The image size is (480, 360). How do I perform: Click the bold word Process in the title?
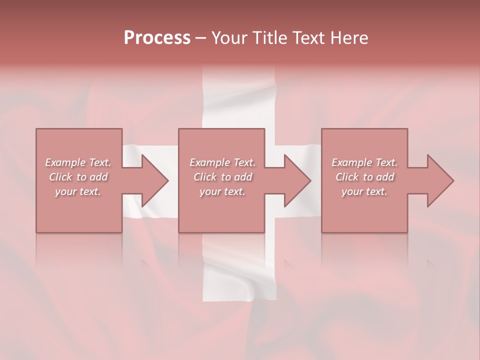click(x=157, y=38)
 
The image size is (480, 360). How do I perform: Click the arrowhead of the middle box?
click(x=296, y=180)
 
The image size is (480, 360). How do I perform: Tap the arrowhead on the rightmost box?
click(x=439, y=180)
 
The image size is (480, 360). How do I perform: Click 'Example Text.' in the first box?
click(x=78, y=162)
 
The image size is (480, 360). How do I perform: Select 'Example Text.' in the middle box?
click(x=222, y=162)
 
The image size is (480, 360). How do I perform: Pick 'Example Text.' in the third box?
click(x=364, y=162)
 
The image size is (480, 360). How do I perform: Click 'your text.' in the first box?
click(x=78, y=191)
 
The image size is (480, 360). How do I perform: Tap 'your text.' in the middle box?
click(x=222, y=191)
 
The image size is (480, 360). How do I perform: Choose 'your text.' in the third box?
click(x=364, y=191)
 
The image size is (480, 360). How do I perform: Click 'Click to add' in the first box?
click(x=78, y=177)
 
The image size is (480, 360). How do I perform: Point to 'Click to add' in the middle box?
click(x=222, y=177)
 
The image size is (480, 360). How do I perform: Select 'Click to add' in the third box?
click(x=364, y=177)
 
